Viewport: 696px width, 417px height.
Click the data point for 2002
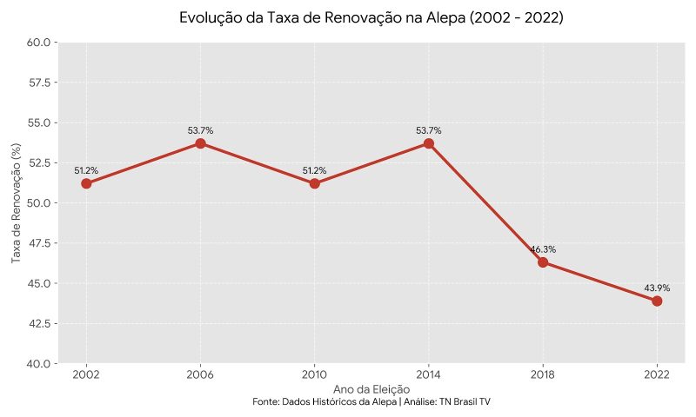pyautogui.click(x=86, y=183)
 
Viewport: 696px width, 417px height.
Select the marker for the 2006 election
pyautogui.click(x=200, y=143)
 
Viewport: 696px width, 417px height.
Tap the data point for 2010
pyautogui.click(x=314, y=183)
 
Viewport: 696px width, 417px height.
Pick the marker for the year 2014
pyautogui.click(x=429, y=143)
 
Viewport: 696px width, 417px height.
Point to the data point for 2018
pyautogui.click(x=543, y=262)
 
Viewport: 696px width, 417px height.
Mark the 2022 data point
pyautogui.click(x=657, y=301)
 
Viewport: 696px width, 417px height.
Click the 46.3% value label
pyautogui.click(x=543, y=249)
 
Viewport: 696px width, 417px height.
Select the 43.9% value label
pyautogui.click(x=657, y=288)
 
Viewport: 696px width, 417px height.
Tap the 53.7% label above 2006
pyautogui.click(x=200, y=130)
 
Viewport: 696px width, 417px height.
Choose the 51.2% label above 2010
pyautogui.click(x=314, y=170)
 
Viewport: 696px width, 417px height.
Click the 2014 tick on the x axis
pyautogui.click(x=429, y=374)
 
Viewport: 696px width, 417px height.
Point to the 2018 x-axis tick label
pyautogui.click(x=543, y=374)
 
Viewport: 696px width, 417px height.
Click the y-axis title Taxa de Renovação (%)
pyautogui.click(x=16, y=202)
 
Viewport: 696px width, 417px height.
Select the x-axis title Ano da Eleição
pyautogui.click(x=371, y=388)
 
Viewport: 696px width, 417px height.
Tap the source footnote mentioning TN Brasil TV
pyautogui.click(x=371, y=402)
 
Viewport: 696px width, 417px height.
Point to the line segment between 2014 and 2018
pyautogui.click(x=485, y=202)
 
